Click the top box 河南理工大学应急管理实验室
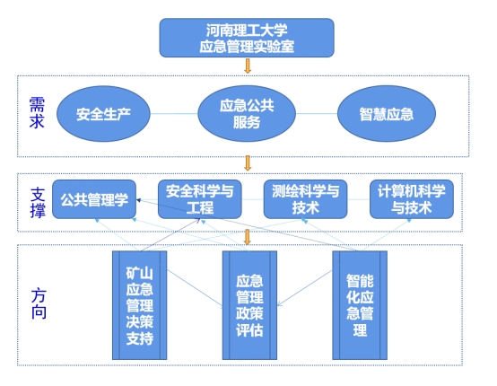247,38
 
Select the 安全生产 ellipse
103,114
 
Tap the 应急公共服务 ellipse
247,113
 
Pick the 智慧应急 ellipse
387,113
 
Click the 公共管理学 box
94,199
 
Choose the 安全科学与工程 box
200,199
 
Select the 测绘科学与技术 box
306,199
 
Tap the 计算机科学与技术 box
412,199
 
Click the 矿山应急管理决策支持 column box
139,305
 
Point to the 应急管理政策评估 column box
249,305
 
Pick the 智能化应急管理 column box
360,305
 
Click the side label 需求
37,113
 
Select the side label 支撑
38,203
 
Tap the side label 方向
39,303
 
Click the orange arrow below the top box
248,66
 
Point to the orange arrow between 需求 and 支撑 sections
248,163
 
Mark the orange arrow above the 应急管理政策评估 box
248,237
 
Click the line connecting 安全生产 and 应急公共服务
174,113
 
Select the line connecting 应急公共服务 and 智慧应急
317,113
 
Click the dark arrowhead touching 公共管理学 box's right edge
138,200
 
